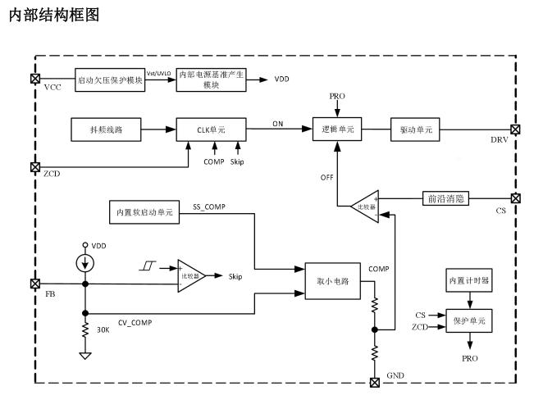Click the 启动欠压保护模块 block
click(110, 79)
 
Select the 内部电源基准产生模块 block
click(212, 79)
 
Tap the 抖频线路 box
click(105, 129)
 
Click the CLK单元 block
click(211, 129)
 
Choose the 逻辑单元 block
click(337, 129)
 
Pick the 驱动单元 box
click(417, 129)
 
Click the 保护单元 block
click(468, 320)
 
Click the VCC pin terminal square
click(34, 79)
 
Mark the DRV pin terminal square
click(514, 129)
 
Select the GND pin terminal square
click(375, 382)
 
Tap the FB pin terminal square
click(34, 284)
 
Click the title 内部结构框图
click(53, 15)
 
